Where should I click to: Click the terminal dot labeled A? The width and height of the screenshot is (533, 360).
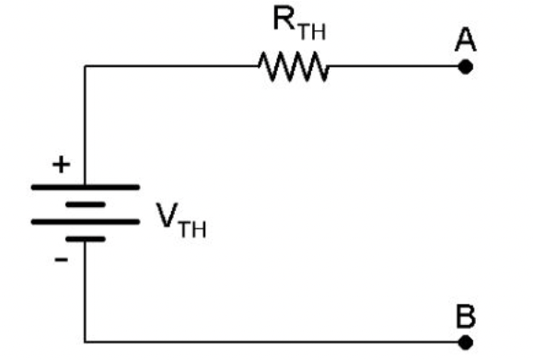(x=465, y=66)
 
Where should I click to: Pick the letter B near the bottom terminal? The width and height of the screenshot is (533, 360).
(x=466, y=316)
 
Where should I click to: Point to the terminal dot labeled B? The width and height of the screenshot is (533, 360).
(x=466, y=342)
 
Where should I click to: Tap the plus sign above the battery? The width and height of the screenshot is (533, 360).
(x=61, y=167)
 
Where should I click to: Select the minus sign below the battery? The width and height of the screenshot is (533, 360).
(x=61, y=261)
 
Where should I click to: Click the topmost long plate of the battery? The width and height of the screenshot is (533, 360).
(x=85, y=187)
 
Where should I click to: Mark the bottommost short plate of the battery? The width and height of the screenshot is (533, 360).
(x=85, y=238)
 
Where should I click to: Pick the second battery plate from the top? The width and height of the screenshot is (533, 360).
(x=85, y=203)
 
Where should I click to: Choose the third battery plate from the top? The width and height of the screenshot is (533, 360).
(x=85, y=221)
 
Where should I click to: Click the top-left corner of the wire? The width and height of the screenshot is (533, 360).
(x=85, y=66)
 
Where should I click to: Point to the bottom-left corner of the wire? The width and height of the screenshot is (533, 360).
(x=85, y=342)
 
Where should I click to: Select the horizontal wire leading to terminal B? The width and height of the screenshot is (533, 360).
(x=276, y=342)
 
